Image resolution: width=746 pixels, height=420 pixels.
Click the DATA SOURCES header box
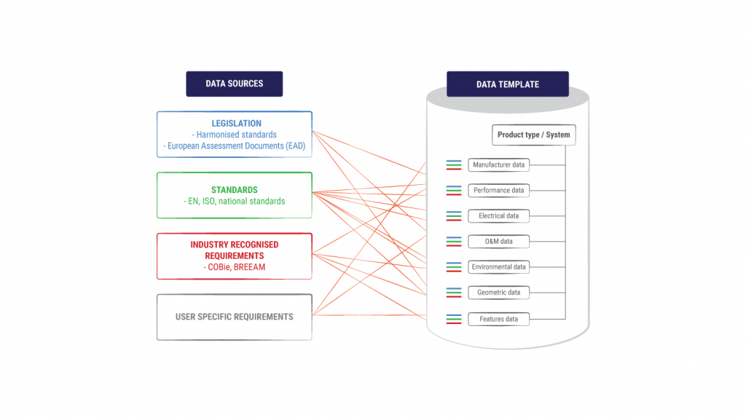[x=234, y=84]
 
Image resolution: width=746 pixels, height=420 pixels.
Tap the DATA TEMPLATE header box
[x=508, y=84]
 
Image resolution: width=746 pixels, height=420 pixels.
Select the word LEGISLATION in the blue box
[x=237, y=124]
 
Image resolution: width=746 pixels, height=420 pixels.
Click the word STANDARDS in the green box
[x=235, y=190]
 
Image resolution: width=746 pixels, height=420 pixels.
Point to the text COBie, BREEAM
[x=237, y=267]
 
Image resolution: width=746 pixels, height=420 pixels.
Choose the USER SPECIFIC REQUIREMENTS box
[x=235, y=317]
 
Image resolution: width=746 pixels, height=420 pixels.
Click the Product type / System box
[x=534, y=135]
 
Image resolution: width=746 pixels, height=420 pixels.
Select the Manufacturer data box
[x=498, y=165]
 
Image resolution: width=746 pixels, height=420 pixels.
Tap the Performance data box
[x=498, y=191]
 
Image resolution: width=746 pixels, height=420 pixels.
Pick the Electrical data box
[x=498, y=216]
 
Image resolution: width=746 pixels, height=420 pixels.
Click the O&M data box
[x=498, y=242]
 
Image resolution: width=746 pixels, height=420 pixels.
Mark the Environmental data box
[x=498, y=267]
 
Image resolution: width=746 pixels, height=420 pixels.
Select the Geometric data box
[x=498, y=293]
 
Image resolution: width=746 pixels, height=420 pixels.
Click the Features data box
[x=498, y=320]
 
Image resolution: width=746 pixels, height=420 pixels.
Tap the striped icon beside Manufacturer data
[x=454, y=165]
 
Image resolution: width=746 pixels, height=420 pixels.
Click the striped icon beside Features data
[x=454, y=320]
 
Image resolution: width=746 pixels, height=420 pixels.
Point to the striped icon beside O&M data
[x=454, y=242]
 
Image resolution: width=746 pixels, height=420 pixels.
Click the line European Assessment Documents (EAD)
[x=237, y=146]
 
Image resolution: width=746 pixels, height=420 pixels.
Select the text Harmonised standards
[x=237, y=135]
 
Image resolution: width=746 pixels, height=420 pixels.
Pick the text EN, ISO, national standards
[x=237, y=202]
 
